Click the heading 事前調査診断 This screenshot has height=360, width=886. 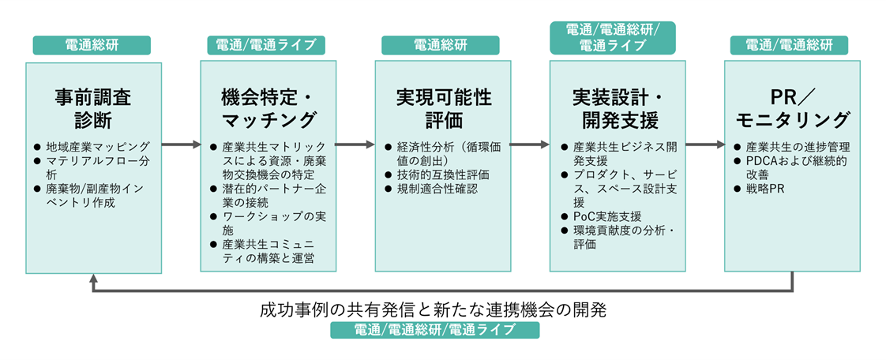(93, 110)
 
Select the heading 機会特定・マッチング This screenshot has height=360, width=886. (268, 110)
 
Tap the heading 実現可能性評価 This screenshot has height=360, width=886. (443, 110)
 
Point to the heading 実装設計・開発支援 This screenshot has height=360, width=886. (618, 110)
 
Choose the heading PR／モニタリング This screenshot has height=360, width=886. (792, 110)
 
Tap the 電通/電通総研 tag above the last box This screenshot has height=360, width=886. (789, 45)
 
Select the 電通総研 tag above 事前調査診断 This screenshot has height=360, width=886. (92, 45)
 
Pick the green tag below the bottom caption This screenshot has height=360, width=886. (434, 329)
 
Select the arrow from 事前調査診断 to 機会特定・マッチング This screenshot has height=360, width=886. (182, 144)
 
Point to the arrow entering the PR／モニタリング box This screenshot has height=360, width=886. (705, 144)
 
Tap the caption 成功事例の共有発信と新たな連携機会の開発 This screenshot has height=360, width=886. (434, 309)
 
